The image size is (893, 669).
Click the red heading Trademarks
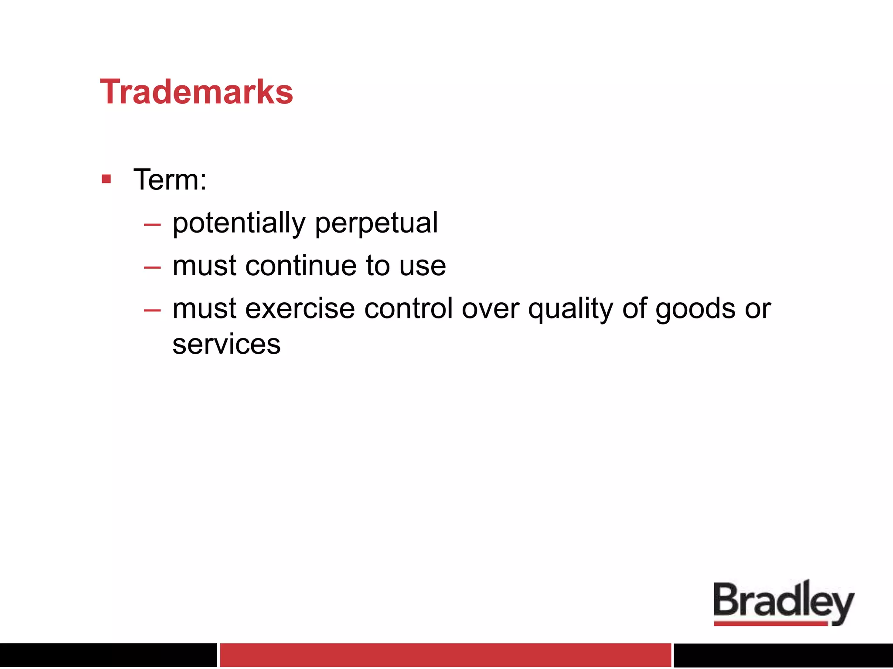[x=196, y=92]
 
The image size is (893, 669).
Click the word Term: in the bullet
[x=170, y=179]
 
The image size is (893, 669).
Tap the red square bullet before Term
[x=106, y=179]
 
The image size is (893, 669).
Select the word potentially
[x=239, y=223]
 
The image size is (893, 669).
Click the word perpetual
[x=376, y=223]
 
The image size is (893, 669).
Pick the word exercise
[x=300, y=309]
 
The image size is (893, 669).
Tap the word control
[x=408, y=309]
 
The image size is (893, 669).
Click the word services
[x=226, y=344]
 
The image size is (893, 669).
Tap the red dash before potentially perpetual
[x=152, y=225]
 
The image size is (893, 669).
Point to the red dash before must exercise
[x=152, y=310]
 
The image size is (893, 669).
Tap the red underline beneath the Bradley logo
[x=770, y=624]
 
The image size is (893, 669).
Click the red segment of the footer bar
[x=445, y=655]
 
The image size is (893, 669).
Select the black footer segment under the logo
[x=783, y=655]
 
